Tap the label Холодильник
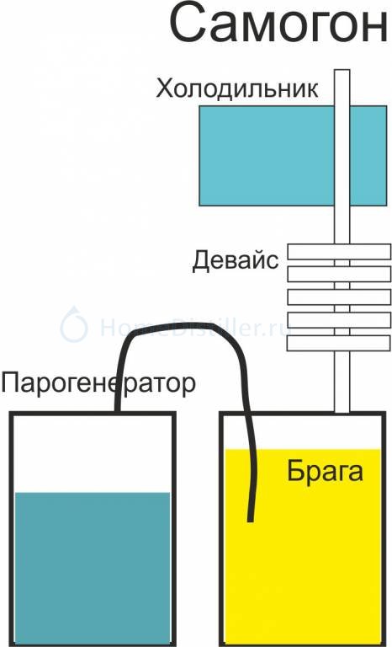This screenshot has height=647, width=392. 236,89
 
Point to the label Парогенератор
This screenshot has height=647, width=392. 98,384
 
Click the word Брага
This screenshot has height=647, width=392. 326,471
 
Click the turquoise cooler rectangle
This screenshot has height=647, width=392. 267,156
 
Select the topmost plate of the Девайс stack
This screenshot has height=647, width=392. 339,252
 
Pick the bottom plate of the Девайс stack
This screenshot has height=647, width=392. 339,344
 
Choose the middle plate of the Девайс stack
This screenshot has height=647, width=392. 339,297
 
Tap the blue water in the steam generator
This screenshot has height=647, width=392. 93,568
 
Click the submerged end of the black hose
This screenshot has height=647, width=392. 250,519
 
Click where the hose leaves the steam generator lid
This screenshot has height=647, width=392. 117,410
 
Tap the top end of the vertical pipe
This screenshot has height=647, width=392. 342,71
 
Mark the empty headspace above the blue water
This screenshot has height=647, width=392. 93,454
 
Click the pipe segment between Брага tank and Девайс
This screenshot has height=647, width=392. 342,382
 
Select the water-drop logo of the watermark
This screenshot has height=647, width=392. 74,324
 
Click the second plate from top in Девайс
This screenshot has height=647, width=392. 339,275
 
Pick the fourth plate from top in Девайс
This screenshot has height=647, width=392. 339,320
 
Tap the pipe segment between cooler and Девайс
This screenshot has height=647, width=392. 342,225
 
